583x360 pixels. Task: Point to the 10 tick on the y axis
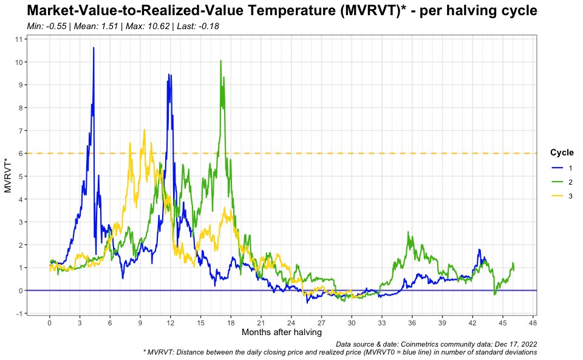(x=19, y=62)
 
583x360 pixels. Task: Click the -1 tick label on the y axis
(x=19, y=313)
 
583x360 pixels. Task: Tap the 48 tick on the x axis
(x=533, y=323)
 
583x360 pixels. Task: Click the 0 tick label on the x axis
(x=50, y=323)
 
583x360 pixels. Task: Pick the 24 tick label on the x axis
(x=291, y=323)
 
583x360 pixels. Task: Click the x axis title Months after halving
(x=281, y=333)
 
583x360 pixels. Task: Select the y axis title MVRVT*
(x=8, y=175)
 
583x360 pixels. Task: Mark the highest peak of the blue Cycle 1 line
(x=94, y=47)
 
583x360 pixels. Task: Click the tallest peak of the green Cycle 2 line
(x=220, y=61)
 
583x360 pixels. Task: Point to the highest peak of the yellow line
(x=144, y=129)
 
